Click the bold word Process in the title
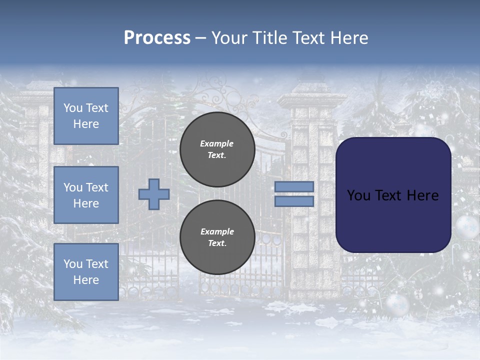point(157,38)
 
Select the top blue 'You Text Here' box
point(86,116)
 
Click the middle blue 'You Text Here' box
point(86,195)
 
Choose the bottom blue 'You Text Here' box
point(86,272)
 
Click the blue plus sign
point(154,194)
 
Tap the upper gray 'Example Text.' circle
point(217,149)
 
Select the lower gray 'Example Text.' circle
point(217,237)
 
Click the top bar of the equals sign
point(294,186)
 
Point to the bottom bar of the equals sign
point(294,201)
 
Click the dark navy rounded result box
point(393,194)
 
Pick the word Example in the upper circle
point(217,143)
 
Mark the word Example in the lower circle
point(217,231)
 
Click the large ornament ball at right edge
point(467,227)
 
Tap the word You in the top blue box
point(73,108)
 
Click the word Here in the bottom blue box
point(86,280)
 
